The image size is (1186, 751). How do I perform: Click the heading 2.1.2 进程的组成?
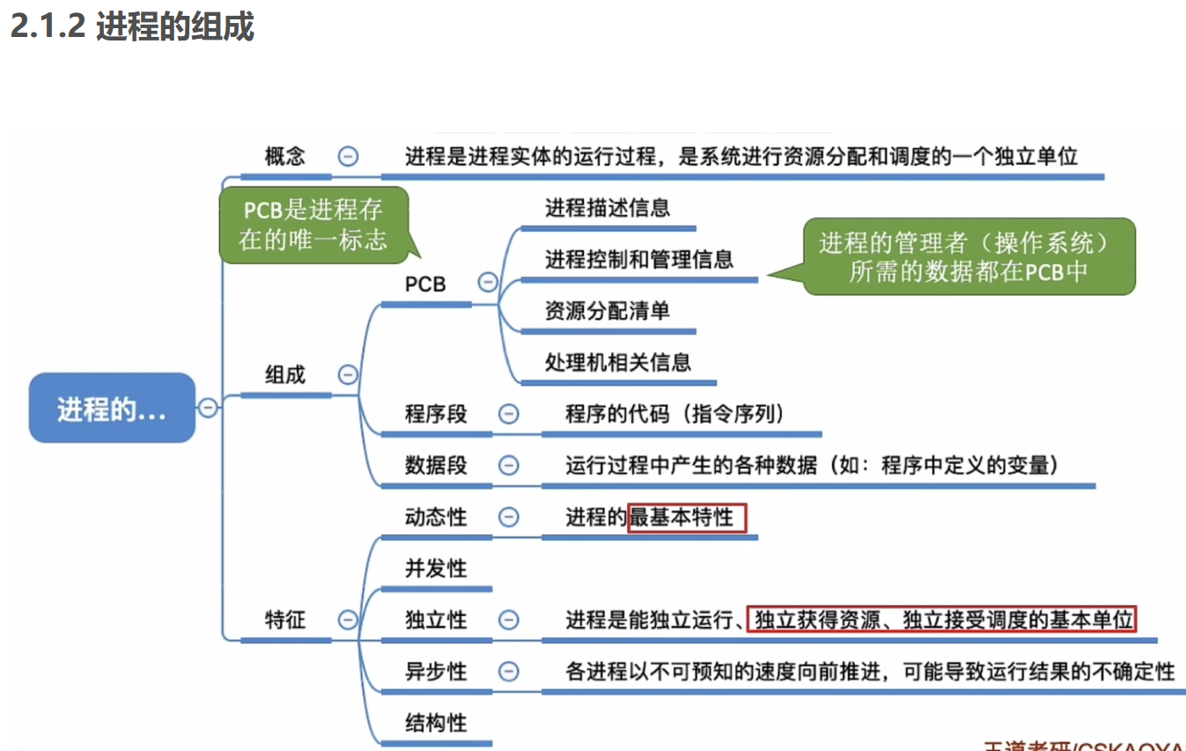click(132, 26)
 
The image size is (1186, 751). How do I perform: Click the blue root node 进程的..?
click(112, 409)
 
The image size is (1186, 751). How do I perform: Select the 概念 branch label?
click(285, 157)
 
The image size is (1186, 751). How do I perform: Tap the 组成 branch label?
click(285, 374)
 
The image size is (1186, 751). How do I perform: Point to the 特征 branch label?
click(285, 620)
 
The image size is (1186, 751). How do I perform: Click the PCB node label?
click(425, 283)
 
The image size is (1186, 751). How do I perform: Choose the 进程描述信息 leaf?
click(608, 208)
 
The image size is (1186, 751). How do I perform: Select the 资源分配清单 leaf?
click(608, 311)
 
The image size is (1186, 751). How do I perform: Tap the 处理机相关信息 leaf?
click(618, 362)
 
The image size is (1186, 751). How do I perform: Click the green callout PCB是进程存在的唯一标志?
click(314, 225)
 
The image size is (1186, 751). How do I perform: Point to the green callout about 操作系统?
click(969, 256)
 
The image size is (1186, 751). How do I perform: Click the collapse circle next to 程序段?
click(508, 414)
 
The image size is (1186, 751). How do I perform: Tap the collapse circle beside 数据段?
click(508, 465)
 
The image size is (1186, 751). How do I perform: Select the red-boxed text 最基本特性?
click(687, 517)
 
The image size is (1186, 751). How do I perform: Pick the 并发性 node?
click(436, 569)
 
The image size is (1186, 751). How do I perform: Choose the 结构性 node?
click(436, 724)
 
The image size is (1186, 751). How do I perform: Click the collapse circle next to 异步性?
click(508, 672)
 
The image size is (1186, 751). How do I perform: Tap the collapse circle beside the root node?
click(208, 408)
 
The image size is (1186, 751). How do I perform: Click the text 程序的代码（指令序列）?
click(674, 414)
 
